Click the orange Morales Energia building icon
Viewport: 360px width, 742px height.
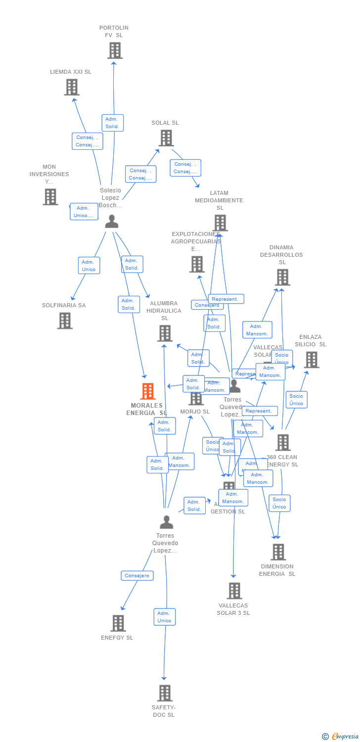point(148,391)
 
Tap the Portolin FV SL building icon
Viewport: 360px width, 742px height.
point(115,50)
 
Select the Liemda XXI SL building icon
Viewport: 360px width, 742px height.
point(72,87)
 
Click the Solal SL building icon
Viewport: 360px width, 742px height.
point(166,138)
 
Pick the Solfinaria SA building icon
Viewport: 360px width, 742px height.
point(65,321)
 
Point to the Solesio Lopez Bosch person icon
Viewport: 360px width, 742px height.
point(112,221)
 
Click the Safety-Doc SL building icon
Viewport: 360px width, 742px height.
point(165,693)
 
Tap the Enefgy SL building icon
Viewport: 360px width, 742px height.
point(118,623)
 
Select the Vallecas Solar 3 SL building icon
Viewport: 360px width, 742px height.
point(234,591)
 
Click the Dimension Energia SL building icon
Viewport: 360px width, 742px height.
point(278,552)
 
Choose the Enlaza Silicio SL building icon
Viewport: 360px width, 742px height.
point(312,360)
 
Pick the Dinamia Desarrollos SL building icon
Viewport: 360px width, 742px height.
point(282,278)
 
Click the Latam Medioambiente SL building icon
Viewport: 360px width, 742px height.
point(221,223)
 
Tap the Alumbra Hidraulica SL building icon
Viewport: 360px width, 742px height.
point(165,333)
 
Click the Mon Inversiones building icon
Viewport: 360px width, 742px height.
point(50,197)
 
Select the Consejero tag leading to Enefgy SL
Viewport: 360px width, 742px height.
point(137,576)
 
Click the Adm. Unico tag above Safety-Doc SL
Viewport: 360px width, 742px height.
point(164,617)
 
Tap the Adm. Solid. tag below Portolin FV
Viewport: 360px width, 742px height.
point(112,123)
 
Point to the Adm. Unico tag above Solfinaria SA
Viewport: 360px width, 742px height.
point(89,266)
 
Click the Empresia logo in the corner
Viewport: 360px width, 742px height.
point(341,737)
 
